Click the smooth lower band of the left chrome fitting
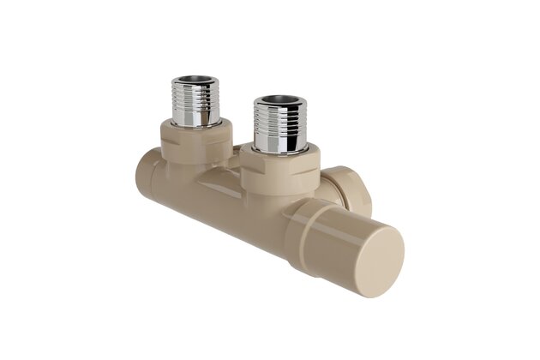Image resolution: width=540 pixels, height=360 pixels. click(195, 116)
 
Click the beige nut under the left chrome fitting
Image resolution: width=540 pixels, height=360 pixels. click(195, 141)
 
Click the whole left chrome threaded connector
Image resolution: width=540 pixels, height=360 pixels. click(195, 102)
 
